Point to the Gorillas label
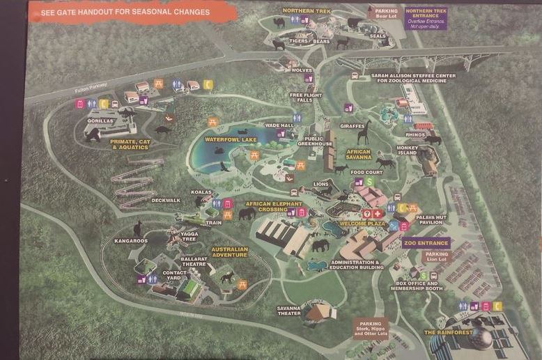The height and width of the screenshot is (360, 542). coord(99,120)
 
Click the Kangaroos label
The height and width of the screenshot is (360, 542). coord(131,241)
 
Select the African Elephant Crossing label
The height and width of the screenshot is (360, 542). coord(273,206)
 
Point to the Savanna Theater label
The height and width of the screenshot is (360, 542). coord(288,311)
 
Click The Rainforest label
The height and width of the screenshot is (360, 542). coord(449,333)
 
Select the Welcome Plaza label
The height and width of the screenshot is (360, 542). coord(362,224)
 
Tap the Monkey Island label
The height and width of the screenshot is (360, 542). coord(407,150)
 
